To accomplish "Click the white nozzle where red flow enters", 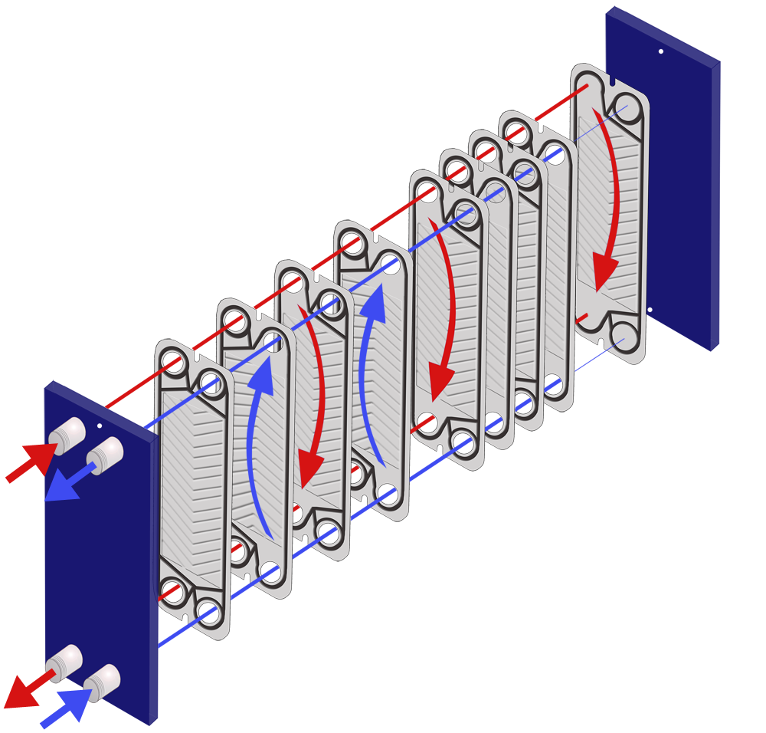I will (68, 435).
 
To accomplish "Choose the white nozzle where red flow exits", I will (64, 659).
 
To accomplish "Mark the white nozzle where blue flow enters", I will (102, 679).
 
